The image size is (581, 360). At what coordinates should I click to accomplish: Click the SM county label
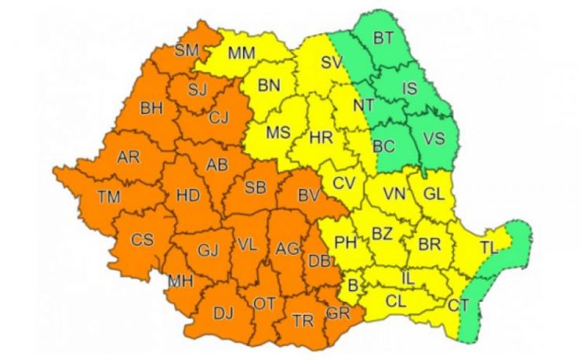tap(187, 51)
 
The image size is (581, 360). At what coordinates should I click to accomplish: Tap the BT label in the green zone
tap(383, 37)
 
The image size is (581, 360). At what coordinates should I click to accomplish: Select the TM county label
tap(108, 197)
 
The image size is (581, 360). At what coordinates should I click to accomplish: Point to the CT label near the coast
tap(458, 304)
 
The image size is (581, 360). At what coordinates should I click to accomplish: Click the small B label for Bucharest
tap(353, 286)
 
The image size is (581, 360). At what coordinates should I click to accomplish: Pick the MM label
tap(242, 53)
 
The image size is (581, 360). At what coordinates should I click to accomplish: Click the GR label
tap(338, 313)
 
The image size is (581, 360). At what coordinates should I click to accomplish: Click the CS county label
tap(142, 240)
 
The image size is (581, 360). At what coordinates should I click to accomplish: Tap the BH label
tap(151, 109)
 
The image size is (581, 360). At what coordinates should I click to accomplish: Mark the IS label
tap(409, 90)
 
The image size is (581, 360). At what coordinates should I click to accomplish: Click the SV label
tap(332, 61)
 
